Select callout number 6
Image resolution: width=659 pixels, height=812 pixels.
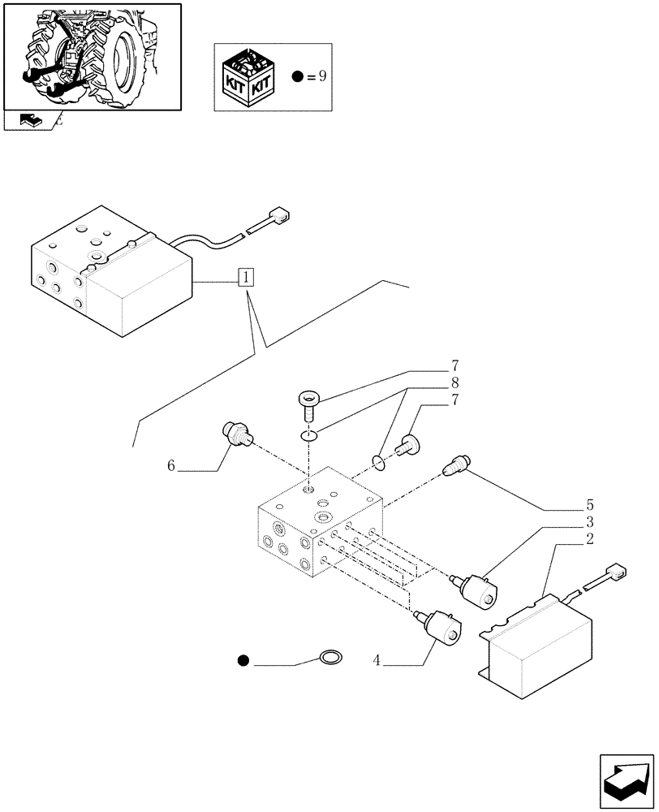[171, 465]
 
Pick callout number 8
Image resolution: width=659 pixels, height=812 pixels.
[454, 382]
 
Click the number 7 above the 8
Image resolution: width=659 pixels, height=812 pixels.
[454, 366]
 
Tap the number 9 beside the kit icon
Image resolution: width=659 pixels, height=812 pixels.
[322, 77]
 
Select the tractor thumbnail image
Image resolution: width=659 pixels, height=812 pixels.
[92, 56]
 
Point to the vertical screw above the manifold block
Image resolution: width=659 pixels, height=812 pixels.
[308, 400]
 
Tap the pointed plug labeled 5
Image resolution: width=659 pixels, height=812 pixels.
[457, 467]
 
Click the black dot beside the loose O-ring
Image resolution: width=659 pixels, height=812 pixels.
[243, 660]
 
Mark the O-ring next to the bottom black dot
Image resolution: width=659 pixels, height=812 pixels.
[329, 656]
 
